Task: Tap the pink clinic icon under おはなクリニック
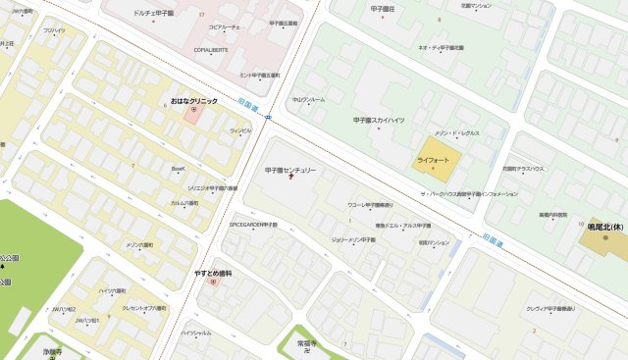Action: (193, 111)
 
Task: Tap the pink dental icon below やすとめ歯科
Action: (212, 283)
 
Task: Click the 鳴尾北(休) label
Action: (607, 227)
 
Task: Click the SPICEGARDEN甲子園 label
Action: (253, 225)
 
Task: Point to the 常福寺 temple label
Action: (310, 343)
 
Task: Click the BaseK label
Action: (179, 169)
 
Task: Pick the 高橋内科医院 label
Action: (552, 214)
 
